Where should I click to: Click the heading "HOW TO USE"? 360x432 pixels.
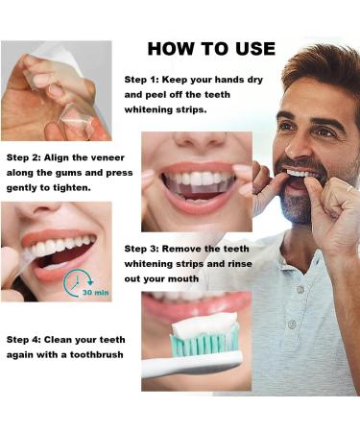[211, 49]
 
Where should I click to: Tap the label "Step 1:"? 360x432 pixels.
[141, 80]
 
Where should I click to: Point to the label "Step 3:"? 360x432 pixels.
[141, 249]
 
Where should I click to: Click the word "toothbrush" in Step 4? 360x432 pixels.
[97, 354]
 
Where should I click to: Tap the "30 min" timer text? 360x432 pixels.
[96, 293]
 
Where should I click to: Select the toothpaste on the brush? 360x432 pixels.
[204, 324]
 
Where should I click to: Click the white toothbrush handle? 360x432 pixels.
[192, 363]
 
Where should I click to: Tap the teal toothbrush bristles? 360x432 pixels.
[204, 342]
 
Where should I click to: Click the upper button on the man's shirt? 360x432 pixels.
[300, 289]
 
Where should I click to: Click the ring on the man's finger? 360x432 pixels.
[349, 188]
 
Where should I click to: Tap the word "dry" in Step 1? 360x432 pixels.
[254, 80]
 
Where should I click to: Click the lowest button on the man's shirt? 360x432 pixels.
[292, 324]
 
